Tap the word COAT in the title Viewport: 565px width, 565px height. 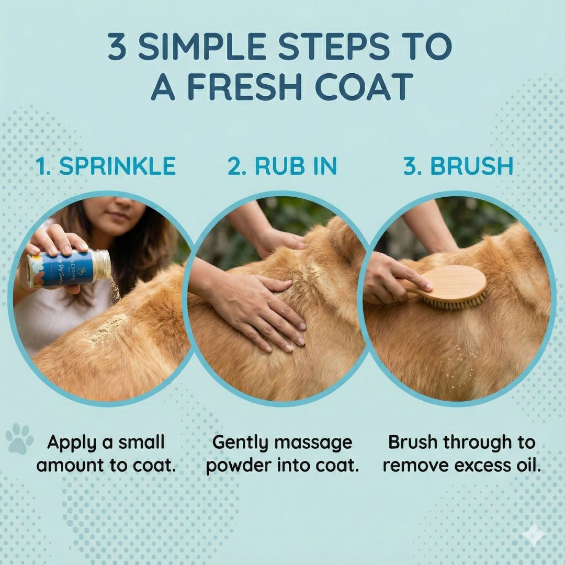[x=363, y=86]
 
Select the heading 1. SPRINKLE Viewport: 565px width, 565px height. [x=106, y=166]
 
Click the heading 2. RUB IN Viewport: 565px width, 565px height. [x=282, y=166]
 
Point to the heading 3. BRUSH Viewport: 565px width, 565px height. [x=458, y=166]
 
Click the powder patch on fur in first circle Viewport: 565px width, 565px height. [x=107, y=330]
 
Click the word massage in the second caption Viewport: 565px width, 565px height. [x=313, y=443]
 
